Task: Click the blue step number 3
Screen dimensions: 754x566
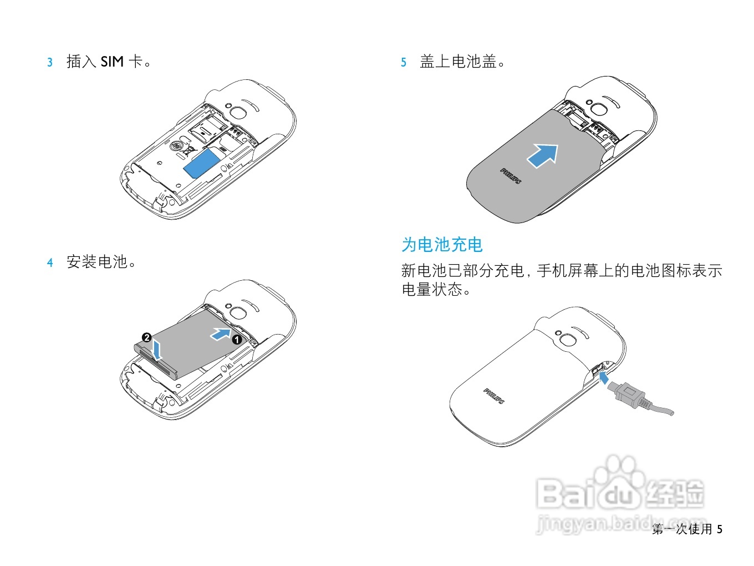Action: (x=50, y=62)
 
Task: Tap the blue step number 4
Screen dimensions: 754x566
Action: (x=50, y=262)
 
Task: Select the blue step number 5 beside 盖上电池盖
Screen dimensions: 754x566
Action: (x=404, y=62)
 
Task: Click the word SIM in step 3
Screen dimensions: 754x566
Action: (x=112, y=62)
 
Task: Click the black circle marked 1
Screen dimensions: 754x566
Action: (x=237, y=340)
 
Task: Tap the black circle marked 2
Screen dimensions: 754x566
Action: (x=147, y=337)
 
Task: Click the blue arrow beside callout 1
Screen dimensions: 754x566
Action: (x=221, y=333)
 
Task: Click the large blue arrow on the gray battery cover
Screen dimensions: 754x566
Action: (x=543, y=155)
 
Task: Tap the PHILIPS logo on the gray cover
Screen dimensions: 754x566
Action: (x=511, y=176)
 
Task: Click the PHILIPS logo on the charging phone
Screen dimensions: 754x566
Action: (x=494, y=396)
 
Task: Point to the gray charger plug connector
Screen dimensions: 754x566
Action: (x=629, y=395)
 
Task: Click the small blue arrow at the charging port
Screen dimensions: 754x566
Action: (x=604, y=378)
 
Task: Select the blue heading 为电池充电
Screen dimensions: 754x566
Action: (x=442, y=245)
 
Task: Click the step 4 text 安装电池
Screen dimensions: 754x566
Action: (x=98, y=262)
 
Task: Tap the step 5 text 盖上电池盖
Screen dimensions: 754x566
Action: (x=458, y=62)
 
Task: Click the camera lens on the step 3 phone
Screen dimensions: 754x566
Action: (x=238, y=112)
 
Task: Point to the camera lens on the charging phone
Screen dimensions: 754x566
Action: (x=568, y=340)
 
